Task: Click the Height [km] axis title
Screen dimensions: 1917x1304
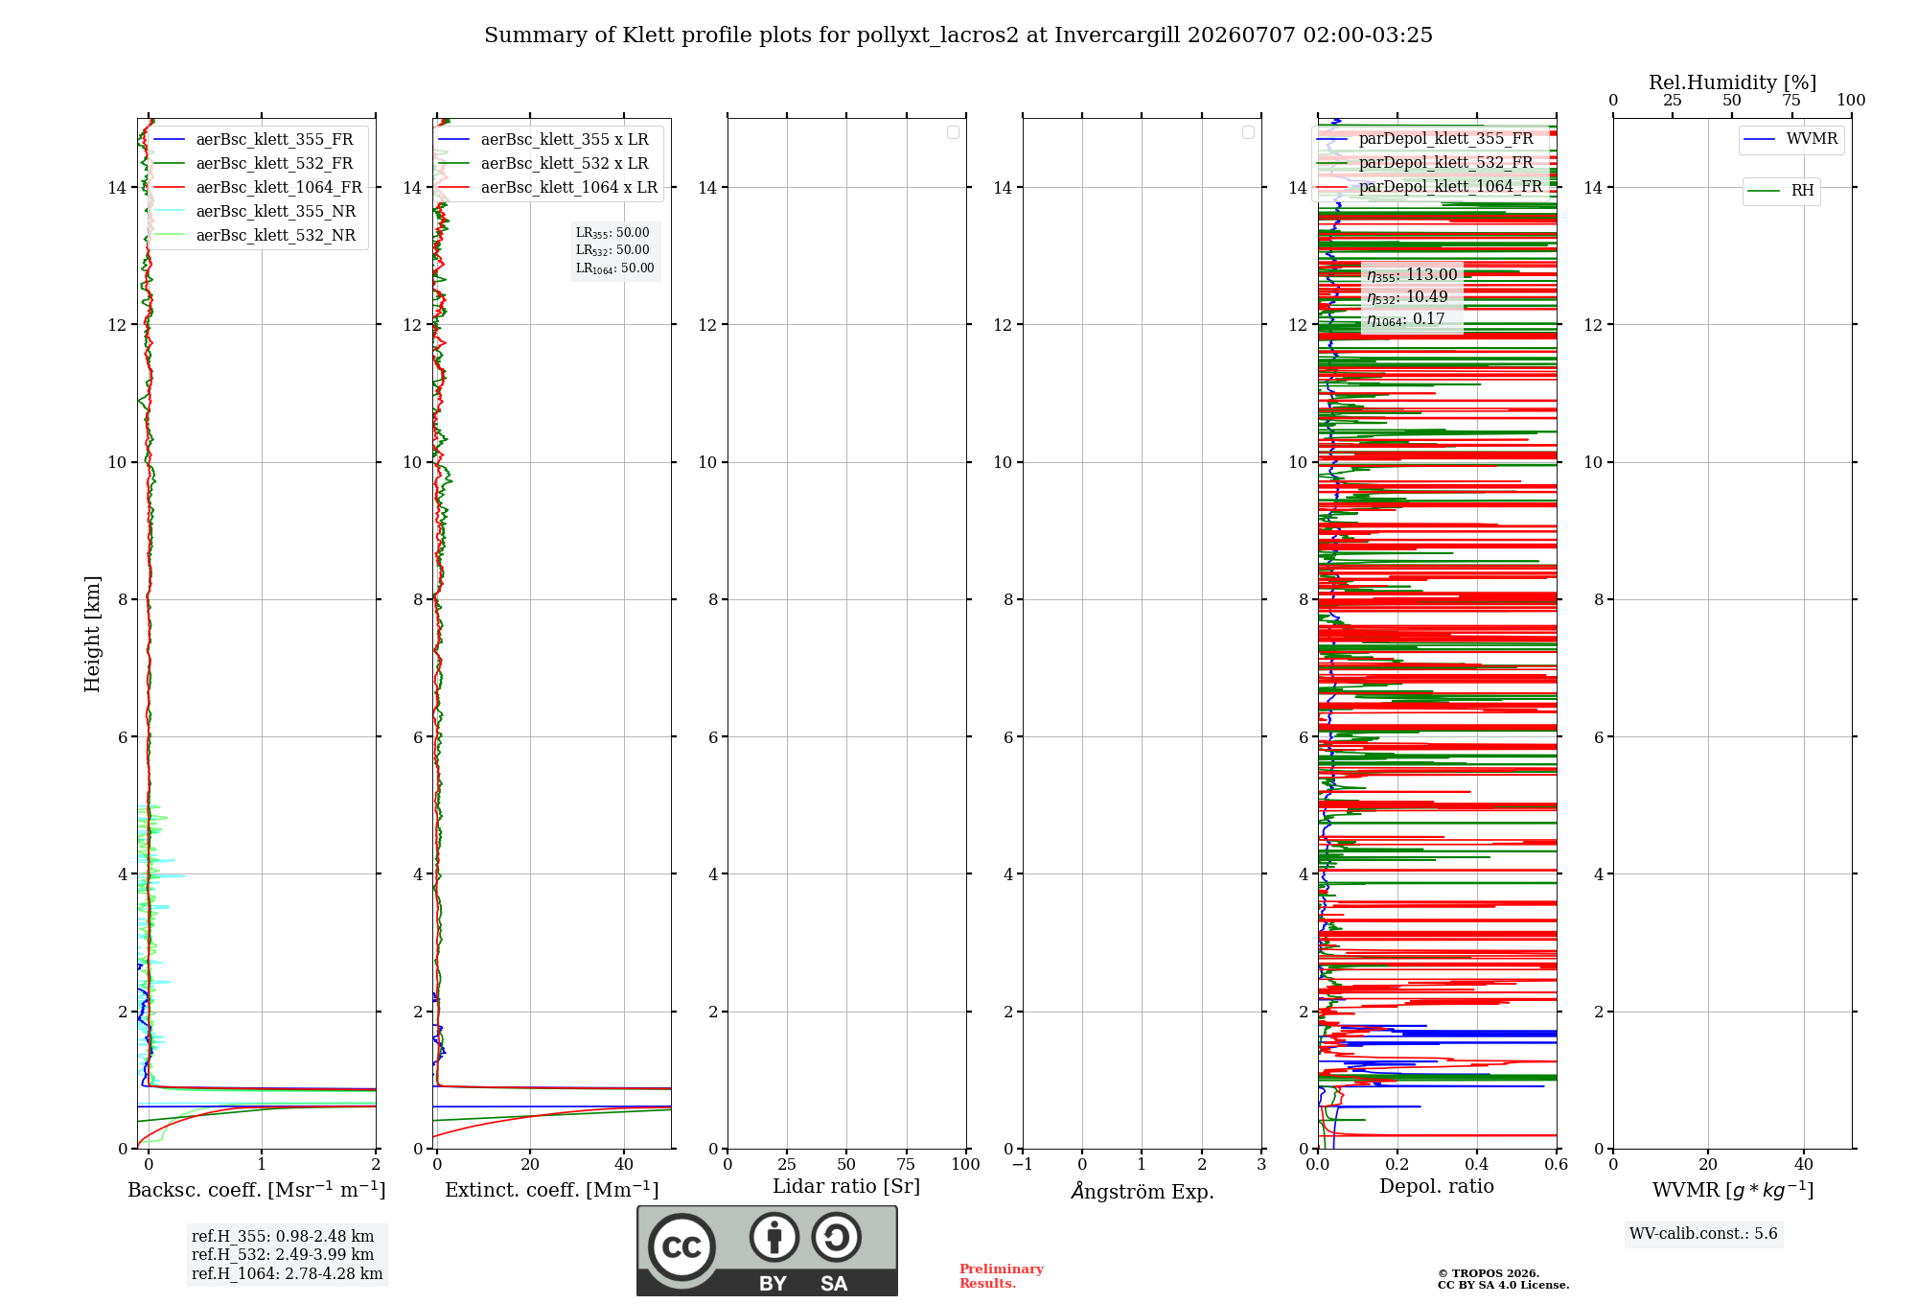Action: tap(92, 634)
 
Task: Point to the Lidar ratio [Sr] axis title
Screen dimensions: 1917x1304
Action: tap(846, 1186)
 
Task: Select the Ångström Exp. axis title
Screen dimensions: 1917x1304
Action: tap(1142, 1191)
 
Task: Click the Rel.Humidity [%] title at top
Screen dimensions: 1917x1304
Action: tap(1732, 82)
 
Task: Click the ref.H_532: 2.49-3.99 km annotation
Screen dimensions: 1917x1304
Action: tap(283, 1254)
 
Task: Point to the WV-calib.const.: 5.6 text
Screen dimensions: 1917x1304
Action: tap(1703, 1233)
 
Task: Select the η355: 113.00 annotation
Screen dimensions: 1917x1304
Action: tap(1412, 275)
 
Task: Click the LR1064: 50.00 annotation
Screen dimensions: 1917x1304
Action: tap(615, 268)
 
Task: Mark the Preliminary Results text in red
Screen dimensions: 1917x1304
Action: tap(1002, 1276)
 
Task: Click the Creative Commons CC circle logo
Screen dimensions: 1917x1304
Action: tap(681, 1247)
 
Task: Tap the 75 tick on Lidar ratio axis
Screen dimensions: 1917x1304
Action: tap(906, 1164)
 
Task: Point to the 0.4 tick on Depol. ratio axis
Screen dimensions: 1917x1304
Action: tap(1477, 1164)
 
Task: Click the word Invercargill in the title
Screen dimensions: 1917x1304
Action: tap(1118, 35)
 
